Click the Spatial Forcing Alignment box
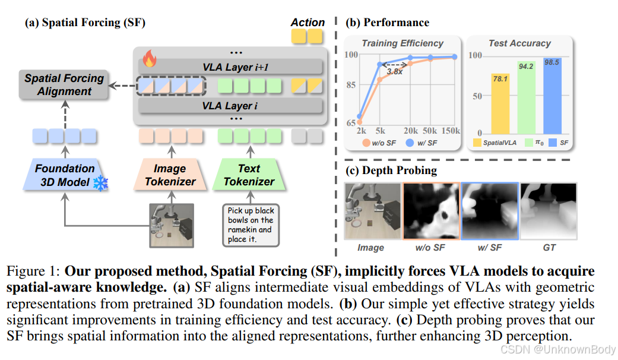pyautogui.click(x=64, y=85)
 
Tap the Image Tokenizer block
pyautogui.click(x=170, y=175)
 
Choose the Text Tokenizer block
pyautogui.click(x=249, y=175)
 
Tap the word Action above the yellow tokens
pyautogui.click(x=308, y=23)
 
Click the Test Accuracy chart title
pyautogui.click(x=519, y=43)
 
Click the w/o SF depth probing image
pyautogui.click(x=431, y=211)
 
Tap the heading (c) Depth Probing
pyautogui.click(x=391, y=170)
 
